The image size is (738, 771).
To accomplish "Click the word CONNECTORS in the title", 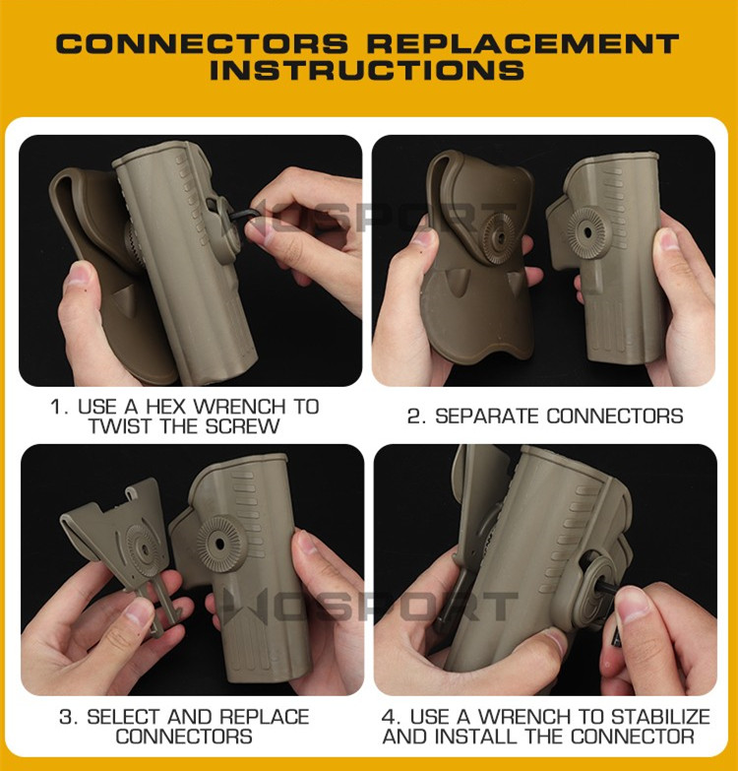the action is (202, 43).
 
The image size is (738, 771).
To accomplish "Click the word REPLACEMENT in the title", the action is (523, 43).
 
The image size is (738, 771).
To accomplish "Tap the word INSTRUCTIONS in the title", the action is (367, 70).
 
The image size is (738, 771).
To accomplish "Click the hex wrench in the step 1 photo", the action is (247, 215).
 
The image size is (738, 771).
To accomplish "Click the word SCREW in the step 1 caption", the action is (242, 425).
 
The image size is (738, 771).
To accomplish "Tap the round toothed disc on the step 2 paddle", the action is (499, 237).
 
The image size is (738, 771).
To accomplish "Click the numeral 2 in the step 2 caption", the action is (414, 417).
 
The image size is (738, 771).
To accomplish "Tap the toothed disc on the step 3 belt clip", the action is (143, 549).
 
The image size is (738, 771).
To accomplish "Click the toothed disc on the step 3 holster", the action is (219, 543).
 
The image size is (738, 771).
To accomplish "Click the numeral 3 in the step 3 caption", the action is (67, 717).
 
